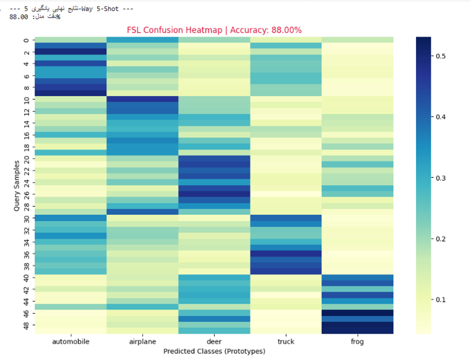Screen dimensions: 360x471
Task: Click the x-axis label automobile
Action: pos(71,341)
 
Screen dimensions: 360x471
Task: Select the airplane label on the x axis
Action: pos(142,341)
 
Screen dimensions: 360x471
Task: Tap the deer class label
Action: pos(214,341)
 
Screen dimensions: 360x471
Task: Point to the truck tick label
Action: pos(286,341)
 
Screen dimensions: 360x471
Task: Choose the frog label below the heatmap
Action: pos(357,341)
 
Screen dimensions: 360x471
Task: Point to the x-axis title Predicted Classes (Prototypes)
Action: pos(214,351)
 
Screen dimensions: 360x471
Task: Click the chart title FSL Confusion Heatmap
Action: pos(213,30)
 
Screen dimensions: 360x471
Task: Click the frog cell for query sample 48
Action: pos(357,324)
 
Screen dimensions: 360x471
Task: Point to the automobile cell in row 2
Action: pos(71,52)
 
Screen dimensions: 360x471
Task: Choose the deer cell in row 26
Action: pos(214,194)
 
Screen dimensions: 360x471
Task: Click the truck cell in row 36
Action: pos(286,253)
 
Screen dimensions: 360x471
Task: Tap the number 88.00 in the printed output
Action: pos(19,17)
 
